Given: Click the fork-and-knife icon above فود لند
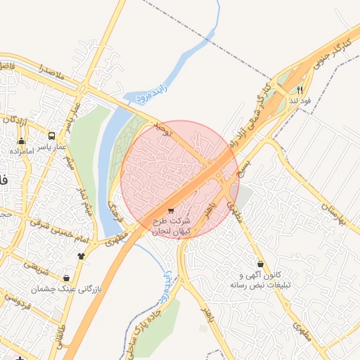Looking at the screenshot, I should tap(300, 90).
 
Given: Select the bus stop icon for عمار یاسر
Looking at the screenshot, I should tap(52, 136).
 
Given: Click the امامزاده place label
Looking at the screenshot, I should tap(23, 151).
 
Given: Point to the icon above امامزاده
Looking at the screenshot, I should tap(21, 141).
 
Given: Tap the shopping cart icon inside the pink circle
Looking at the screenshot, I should tap(171, 211).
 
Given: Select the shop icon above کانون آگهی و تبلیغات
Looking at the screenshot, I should tap(261, 264).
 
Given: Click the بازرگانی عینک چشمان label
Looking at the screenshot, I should tap(70, 288).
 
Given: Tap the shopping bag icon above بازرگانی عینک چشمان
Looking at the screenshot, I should tap(66, 278).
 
